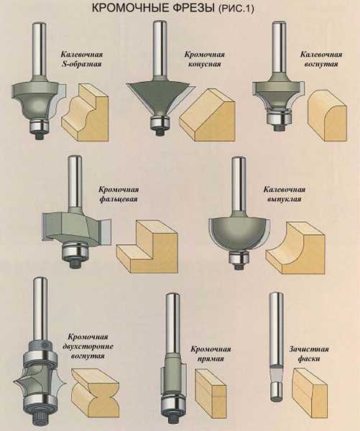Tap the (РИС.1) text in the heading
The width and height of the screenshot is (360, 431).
pyautogui.click(x=236, y=9)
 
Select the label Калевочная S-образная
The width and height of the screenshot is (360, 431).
pyautogui.click(x=82, y=59)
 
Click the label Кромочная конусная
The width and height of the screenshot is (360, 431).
pyautogui.click(x=204, y=59)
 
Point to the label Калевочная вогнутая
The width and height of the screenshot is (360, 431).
pyautogui.click(x=321, y=59)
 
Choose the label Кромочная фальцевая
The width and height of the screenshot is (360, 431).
pyautogui.click(x=119, y=194)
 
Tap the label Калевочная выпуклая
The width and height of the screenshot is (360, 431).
pyautogui.click(x=285, y=194)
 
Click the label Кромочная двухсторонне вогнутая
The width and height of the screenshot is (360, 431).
pyautogui.click(x=88, y=346)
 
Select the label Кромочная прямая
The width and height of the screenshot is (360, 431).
pyautogui.click(x=211, y=353)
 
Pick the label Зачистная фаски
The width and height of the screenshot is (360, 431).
pyautogui.click(x=308, y=353)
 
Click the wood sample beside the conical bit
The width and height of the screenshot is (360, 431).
pyautogui.click(x=207, y=116)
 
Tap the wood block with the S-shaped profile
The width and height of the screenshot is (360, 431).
pyautogui.click(x=86, y=113)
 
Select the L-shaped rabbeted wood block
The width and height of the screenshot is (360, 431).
pyautogui.click(x=147, y=246)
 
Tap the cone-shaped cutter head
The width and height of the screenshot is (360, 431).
pyautogui.click(x=160, y=96)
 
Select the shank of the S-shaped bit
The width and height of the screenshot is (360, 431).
pyautogui.click(x=39, y=50)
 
